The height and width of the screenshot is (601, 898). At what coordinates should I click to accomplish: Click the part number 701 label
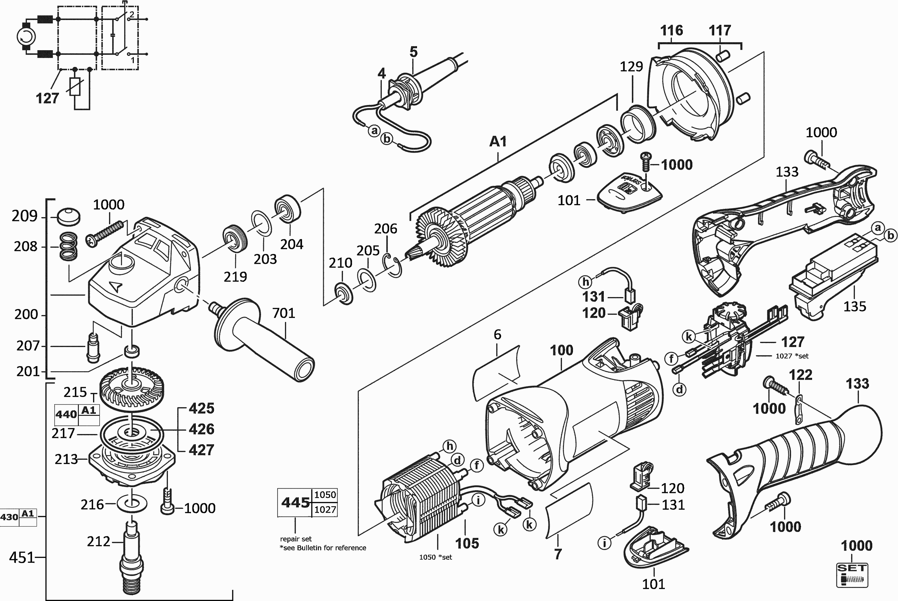(x=283, y=313)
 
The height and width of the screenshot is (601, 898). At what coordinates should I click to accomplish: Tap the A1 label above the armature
(x=498, y=141)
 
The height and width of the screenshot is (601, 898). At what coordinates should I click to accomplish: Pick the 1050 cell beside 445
(x=325, y=495)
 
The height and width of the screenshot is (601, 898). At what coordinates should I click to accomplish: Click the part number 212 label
(x=98, y=541)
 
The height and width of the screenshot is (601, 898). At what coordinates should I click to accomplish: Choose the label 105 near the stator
(x=467, y=543)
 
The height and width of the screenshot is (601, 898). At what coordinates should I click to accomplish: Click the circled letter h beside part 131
(x=585, y=282)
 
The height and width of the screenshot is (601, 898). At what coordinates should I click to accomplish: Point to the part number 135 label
(x=855, y=307)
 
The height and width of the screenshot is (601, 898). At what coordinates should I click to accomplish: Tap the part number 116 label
(x=671, y=30)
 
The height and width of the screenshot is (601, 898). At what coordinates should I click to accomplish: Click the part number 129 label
(x=631, y=67)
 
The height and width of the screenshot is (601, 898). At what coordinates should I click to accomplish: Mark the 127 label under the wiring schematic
(x=47, y=98)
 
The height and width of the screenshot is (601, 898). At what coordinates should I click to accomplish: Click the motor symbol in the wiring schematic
(x=26, y=37)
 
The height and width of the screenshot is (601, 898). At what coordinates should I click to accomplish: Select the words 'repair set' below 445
(x=296, y=539)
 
